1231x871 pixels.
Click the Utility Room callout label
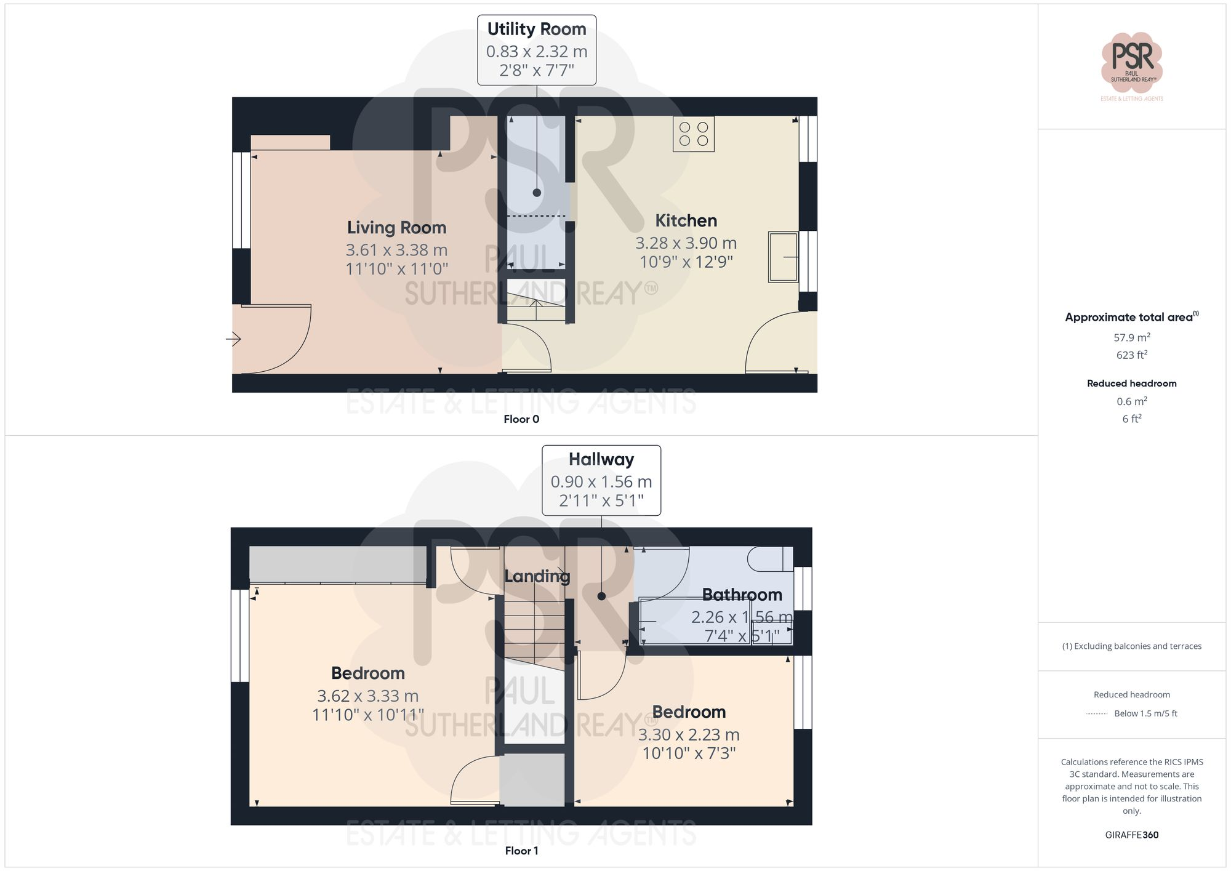tap(537, 30)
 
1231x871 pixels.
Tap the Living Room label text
tap(396, 228)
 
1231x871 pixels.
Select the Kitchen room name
tap(686, 220)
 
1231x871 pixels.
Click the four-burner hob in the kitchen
tap(694, 134)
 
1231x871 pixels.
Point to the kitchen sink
tap(783, 257)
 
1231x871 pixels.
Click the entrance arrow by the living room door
tap(233, 339)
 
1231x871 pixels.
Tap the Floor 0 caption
tap(521, 419)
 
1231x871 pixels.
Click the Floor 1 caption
tap(521, 851)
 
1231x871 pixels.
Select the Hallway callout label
tap(601, 460)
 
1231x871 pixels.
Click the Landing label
tap(537, 576)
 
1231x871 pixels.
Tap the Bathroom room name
tap(742, 595)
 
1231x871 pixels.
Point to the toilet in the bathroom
tap(769, 559)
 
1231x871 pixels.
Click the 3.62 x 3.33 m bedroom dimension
tap(367, 696)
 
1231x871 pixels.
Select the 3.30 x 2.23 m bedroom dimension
tap(688, 735)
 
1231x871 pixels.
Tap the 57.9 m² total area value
tap(1131, 337)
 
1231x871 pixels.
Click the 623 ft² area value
tap(1131, 355)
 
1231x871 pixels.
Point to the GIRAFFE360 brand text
tap(1131, 835)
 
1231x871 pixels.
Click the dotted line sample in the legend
tap(1097, 714)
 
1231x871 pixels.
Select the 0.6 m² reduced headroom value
tap(1131, 401)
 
